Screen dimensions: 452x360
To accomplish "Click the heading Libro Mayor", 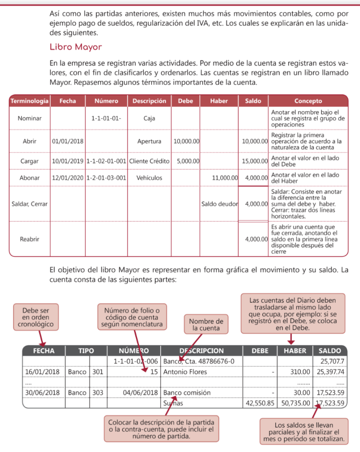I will pyautogui.click(x=75, y=47).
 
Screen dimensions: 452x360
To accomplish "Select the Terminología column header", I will pyautogui.click(x=29, y=101).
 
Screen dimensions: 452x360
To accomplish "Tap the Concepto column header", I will pyautogui.click(x=308, y=101).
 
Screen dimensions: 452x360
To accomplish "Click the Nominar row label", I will pyautogui.click(x=29, y=118).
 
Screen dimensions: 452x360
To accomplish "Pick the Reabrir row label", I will pyautogui.click(x=29, y=239).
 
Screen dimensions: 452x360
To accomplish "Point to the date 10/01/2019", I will pyautogui.click(x=68, y=162).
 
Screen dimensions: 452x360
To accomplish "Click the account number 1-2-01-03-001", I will pyautogui.click(x=106, y=178).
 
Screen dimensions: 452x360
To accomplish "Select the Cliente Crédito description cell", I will pyautogui.click(x=149, y=162).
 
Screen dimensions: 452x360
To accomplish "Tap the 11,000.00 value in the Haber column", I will pyautogui.click(x=225, y=178).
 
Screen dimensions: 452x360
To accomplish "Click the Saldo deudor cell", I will pyautogui.click(x=219, y=204).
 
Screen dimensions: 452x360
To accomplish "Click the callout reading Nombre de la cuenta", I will pyautogui.click(x=206, y=325).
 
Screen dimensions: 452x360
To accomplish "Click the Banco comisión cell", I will pyautogui.click(x=187, y=392).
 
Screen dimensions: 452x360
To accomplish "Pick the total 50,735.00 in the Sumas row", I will pyautogui.click(x=295, y=403).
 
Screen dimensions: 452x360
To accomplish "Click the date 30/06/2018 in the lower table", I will pyautogui.click(x=43, y=392).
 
